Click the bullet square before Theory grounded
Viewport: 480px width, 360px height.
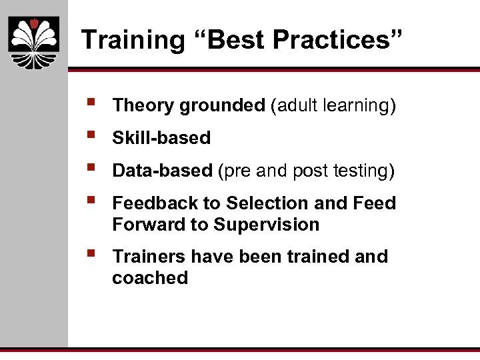pyautogui.click(x=90, y=103)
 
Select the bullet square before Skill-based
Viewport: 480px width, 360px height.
pyautogui.click(x=90, y=135)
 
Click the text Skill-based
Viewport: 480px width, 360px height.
pyautogui.click(x=161, y=138)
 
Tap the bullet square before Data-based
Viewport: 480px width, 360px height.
pyautogui.click(x=90, y=168)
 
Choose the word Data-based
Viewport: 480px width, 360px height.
pyautogui.click(x=162, y=171)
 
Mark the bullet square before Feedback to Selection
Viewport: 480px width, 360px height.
pyautogui.click(x=90, y=200)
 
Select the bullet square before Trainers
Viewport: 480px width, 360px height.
pyautogui.click(x=90, y=253)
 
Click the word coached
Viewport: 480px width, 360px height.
pyautogui.click(x=150, y=278)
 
